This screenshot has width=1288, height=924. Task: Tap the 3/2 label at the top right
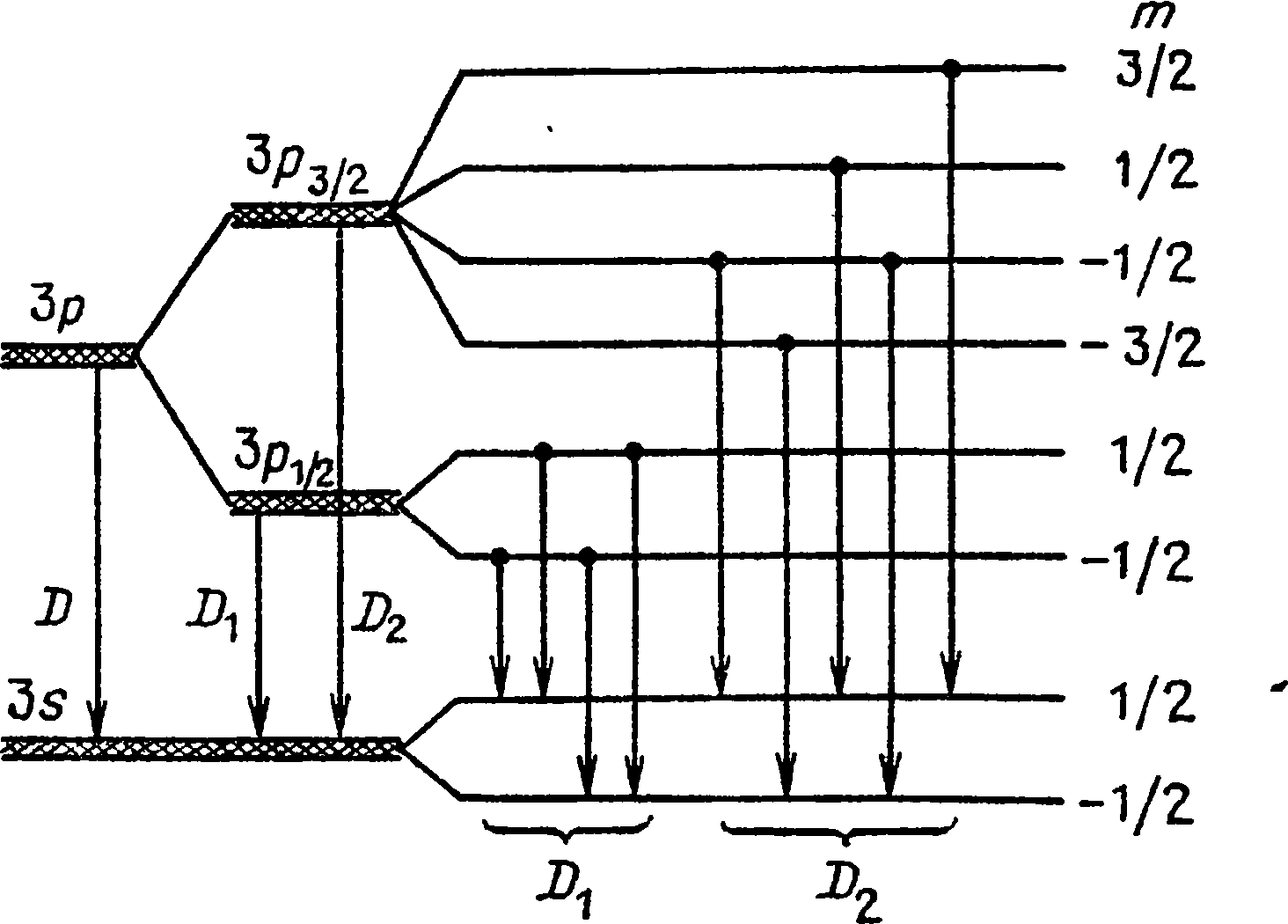[1155, 74]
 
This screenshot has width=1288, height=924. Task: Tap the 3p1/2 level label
[283, 462]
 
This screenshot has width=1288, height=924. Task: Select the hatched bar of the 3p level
[69, 355]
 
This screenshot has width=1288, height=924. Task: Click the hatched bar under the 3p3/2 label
[311, 214]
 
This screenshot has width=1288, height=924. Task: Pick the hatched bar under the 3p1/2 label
[311, 502]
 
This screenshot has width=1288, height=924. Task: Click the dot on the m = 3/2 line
[950, 68]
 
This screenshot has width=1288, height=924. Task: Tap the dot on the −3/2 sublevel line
[787, 341]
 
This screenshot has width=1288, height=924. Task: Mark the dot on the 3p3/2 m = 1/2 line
[839, 165]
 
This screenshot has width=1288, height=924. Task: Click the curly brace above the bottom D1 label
[567, 828]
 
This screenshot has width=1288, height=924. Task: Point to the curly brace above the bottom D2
[839, 829]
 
